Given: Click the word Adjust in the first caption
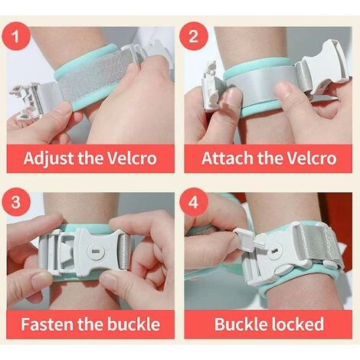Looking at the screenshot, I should pos(51,159).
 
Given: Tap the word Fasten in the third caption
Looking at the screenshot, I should pos(47,324).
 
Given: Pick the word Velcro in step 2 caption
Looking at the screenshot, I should pos(306,159).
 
